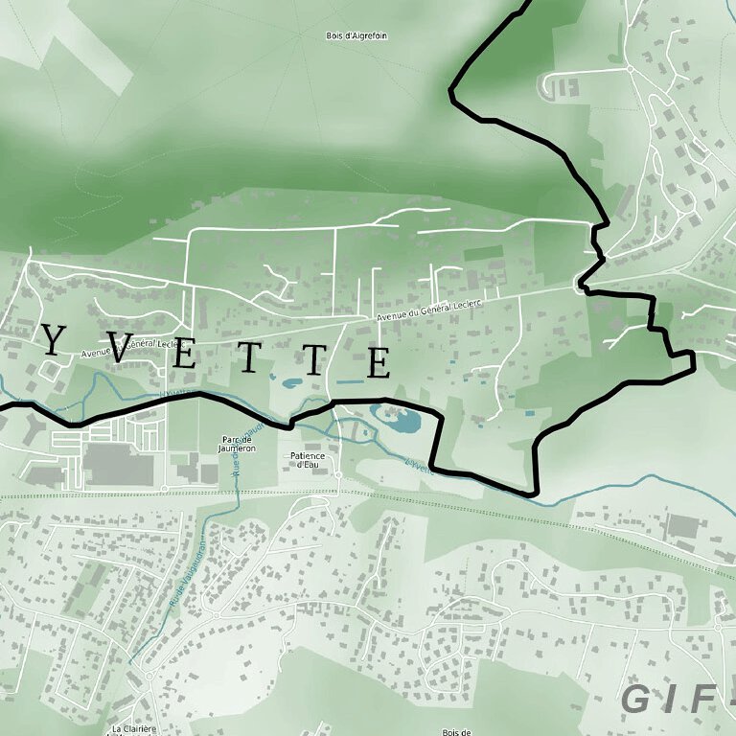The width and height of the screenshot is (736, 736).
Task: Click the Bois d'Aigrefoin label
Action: (357, 35)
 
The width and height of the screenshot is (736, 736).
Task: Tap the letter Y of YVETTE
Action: (56, 339)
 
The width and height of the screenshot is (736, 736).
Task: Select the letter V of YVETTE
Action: (122, 348)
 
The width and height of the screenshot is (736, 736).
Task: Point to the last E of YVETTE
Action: (379, 363)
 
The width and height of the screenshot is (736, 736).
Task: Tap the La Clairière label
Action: (133, 729)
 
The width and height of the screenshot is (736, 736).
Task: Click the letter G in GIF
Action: (638, 700)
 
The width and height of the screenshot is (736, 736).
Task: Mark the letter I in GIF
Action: (671, 700)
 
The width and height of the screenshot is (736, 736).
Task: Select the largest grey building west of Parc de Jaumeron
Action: (118, 466)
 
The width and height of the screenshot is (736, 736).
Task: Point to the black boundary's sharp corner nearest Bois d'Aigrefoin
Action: (451, 92)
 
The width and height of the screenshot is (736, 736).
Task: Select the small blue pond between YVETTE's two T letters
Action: (289, 383)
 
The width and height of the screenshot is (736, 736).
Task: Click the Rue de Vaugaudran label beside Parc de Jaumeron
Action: (233, 450)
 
